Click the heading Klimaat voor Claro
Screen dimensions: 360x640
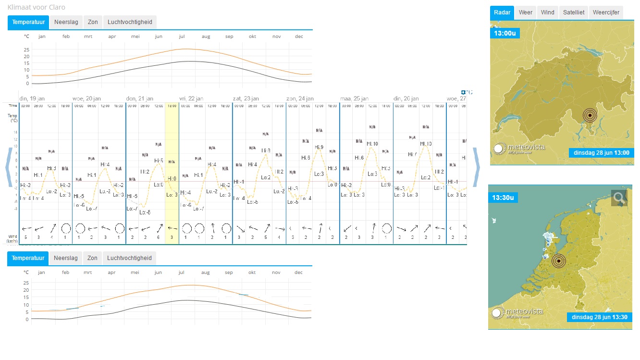click(x=37, y=7)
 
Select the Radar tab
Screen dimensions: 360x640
click(x=502, y=12)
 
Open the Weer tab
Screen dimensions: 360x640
click(x=525, y=12)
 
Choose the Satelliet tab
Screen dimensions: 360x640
click(x=574, y=12)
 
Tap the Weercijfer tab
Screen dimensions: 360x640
click(x=606, y=12)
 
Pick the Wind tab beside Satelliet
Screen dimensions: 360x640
click(x=547, y=12)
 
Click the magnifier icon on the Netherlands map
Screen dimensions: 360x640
click(x=619, y=198)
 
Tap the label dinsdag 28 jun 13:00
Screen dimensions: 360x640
click(x=602, y=153)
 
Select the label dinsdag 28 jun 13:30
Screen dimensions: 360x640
click(x=600, y=317)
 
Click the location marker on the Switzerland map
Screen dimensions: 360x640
click(x=589, y=116)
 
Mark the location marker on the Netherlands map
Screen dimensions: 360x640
click(x=558, y=261)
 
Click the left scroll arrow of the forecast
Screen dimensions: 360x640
click(x=8, y=167)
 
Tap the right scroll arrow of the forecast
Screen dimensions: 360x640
click(x=476, y=167)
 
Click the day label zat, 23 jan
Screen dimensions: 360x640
click(x=246, y=99)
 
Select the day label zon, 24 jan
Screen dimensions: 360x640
click(x=300, y=99)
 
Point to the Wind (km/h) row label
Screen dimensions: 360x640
click(x=12, y=238)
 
